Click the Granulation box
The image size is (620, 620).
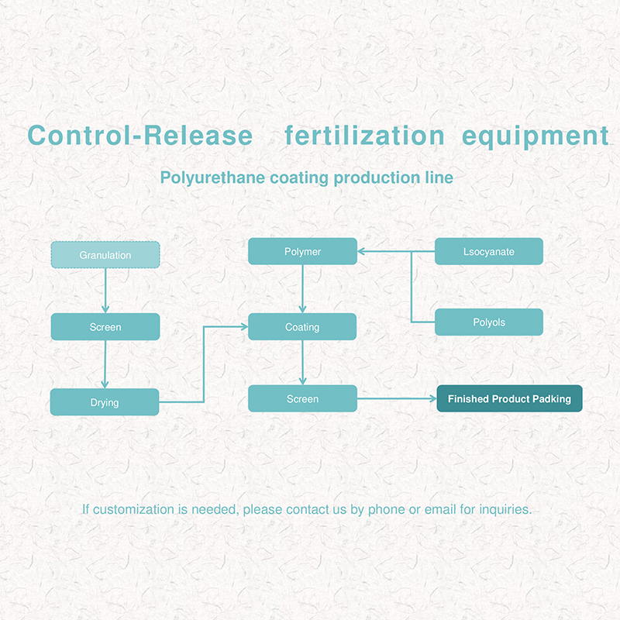[x=105, y=255]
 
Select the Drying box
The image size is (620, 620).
[x=105, y=401]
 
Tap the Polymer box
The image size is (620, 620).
[x=302, y=251]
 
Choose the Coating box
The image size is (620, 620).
[x=302, y=326]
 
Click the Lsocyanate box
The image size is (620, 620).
[x=489, y=251]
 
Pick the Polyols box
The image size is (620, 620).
[x=489, y=322]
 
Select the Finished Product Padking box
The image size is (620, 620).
[x=509, y=398]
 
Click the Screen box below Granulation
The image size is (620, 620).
[x=105, y=326]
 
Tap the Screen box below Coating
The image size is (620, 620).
[x=302, y=398]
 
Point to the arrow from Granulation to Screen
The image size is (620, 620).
[x=105, y=291]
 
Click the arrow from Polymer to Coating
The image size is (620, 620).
[x=302, y=288]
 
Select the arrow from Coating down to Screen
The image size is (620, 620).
[x=302, y=362]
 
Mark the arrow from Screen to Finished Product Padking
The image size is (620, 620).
[x=397, y=398]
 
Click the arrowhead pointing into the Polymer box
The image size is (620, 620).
[x=360, y=251]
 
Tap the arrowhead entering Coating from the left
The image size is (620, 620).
[x=245, y=326]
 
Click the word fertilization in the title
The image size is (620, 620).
[x=364, y=136]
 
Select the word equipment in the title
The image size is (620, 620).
[x=535, y=136]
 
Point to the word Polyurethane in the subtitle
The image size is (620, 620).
[x=212, y=177]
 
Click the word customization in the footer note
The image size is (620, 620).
[x=133, y=509]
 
